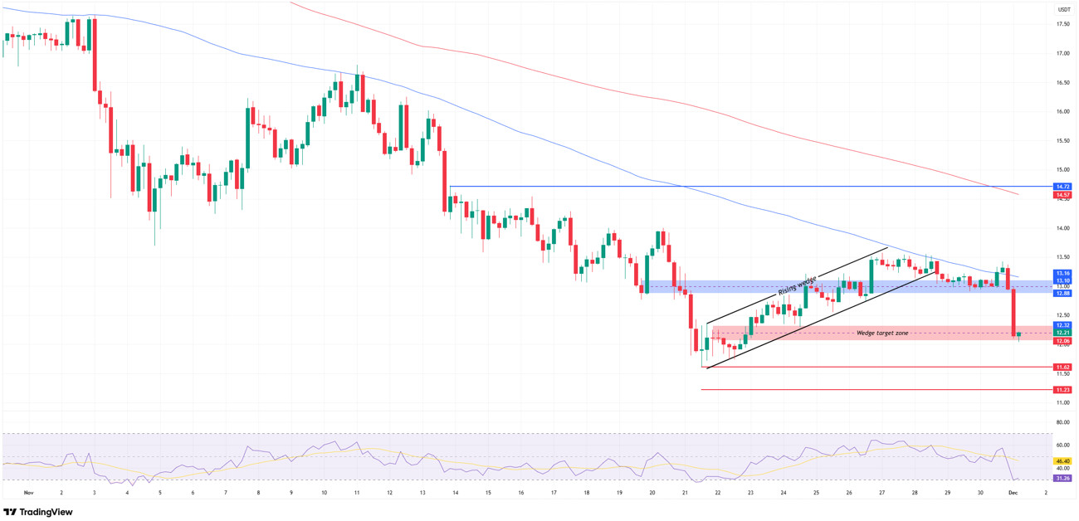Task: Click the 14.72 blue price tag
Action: [1062, 187]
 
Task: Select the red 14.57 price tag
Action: [1062, 196]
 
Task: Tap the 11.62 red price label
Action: [1062, 367]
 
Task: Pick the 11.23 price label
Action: [1062, 390]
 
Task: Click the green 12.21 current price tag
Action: [1062, 333]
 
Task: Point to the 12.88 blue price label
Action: [1062, 294]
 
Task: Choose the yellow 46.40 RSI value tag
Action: [1062, 461]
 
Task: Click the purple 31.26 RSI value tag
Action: [1062, 479]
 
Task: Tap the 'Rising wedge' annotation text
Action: [798, 285]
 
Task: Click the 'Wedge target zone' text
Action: [882, 333]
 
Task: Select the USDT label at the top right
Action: [1063, 10]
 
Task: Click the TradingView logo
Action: [38, 512]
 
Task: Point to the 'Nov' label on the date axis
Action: [29, 493]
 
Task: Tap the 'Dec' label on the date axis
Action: [1013, 493]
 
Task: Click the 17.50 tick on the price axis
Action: [1062, 24]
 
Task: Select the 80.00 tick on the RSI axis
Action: [1062, 422]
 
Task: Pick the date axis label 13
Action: [422, 493]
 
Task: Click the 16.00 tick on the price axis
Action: [1062, 111]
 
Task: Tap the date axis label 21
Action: [685, 493]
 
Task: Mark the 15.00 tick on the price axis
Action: [1062, 169]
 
